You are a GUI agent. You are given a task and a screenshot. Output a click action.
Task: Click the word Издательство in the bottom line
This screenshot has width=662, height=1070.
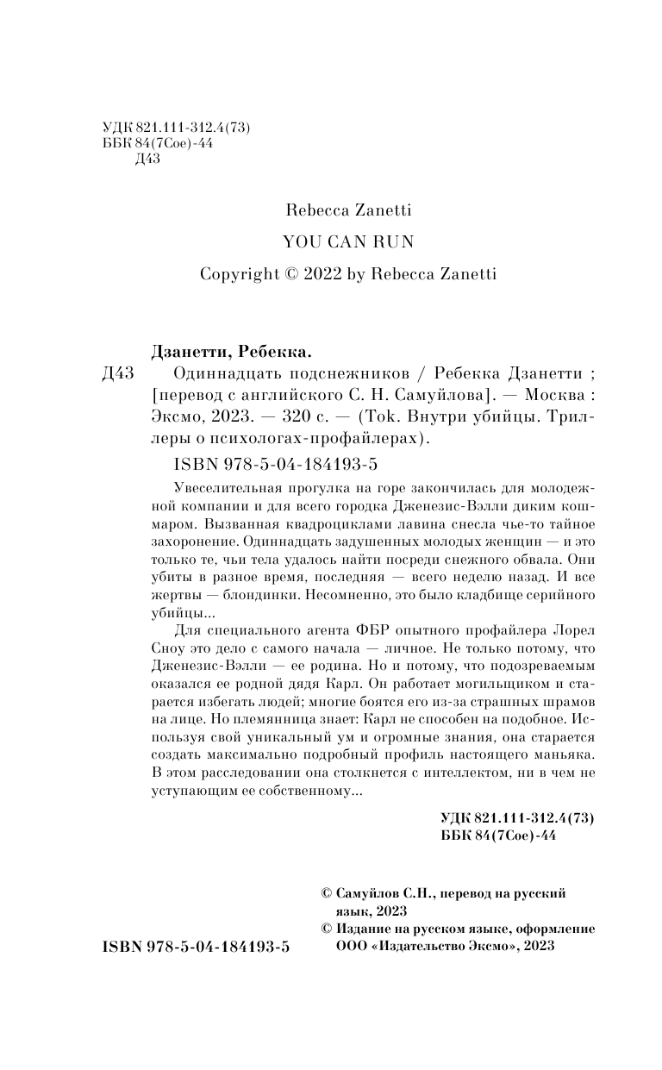(x=422, y=946)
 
